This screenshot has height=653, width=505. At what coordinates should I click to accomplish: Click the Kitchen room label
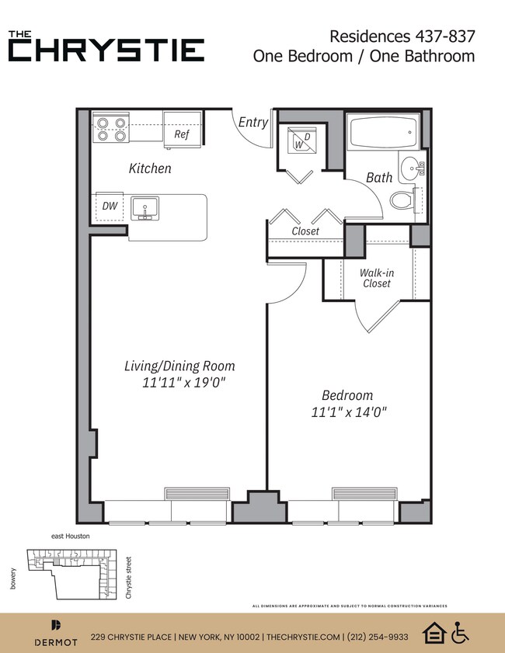(150, 168)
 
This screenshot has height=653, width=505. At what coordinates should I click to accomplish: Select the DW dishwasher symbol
(110, 207)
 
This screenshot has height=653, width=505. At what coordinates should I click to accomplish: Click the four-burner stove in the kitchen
(110, 129)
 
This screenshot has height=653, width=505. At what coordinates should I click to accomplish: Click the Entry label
(252, 123)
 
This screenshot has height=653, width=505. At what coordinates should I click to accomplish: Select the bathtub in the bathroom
(381, 133)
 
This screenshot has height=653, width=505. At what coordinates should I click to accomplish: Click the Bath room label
(379, 178)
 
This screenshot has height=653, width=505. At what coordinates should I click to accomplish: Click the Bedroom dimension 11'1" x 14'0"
(349, 412)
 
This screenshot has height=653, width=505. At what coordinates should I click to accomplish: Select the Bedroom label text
(348, 394)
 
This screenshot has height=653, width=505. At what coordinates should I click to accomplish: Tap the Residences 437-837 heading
(402, 36)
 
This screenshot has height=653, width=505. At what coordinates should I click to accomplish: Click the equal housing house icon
(434, 634)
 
